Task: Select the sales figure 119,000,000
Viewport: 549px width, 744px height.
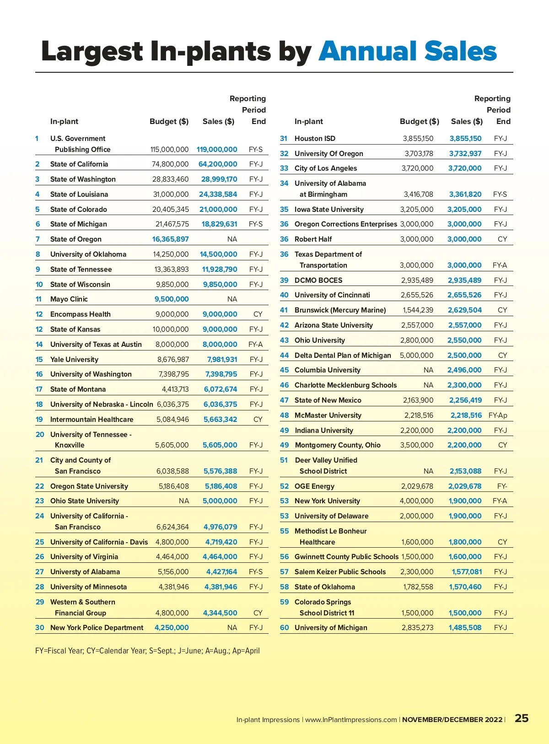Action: click(x=217, y=150)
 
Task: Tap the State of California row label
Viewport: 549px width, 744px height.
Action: click(x=79, y=164)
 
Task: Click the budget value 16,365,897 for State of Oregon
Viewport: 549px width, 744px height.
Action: click(x=170, y=239)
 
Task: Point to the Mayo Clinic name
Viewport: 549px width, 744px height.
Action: click(x=69, y=299)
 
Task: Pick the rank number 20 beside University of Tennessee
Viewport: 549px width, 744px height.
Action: click(x=40, y=435)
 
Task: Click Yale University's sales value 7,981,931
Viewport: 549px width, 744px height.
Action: click(x=222, y=360)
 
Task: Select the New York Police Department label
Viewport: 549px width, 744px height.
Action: click(x=97, y=628)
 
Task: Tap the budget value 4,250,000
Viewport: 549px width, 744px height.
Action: click(x=172, y=628)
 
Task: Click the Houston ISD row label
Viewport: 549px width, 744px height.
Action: click(x=315, y=139)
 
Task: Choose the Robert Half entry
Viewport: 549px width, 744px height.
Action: click(x=313, y=239)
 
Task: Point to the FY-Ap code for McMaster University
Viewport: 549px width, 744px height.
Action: click(x=498, y=415)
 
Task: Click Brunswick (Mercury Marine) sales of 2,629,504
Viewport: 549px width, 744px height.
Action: click(x=464, y=310)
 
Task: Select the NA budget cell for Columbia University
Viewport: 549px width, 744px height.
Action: click(x=428, y=370)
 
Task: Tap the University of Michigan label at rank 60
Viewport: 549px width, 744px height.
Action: click(x=331, y=628)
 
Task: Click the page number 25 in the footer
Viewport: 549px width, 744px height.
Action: click(x=522, y=718)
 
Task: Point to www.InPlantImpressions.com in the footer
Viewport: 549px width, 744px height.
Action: click(x=351, y=720)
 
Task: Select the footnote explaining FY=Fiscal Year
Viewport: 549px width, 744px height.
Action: click(x=147, y=651)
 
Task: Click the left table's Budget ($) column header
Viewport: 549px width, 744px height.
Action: click(x=169, y=122)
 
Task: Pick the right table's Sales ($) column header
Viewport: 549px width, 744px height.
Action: click(x=467, y=122)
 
